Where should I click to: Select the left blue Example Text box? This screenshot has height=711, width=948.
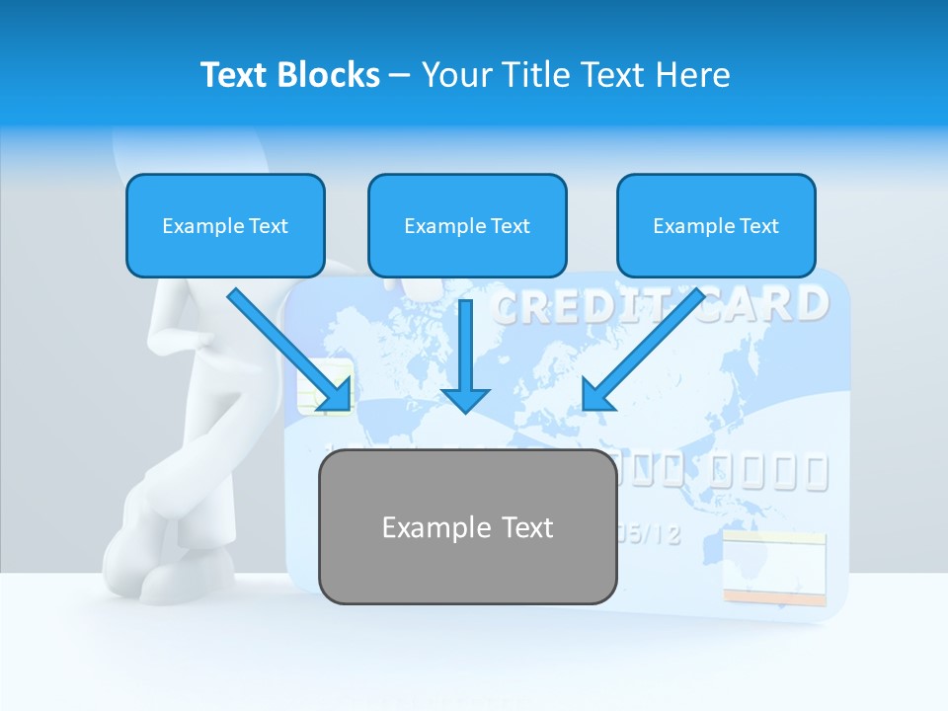225,225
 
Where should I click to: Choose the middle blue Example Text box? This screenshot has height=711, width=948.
467,225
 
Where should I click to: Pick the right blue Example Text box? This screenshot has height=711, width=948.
716,225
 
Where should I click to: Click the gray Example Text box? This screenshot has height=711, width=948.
467,526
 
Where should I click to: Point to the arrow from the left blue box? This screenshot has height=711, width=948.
290,351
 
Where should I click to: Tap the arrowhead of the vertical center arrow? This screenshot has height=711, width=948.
465,399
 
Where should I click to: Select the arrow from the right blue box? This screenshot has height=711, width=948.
642,351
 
